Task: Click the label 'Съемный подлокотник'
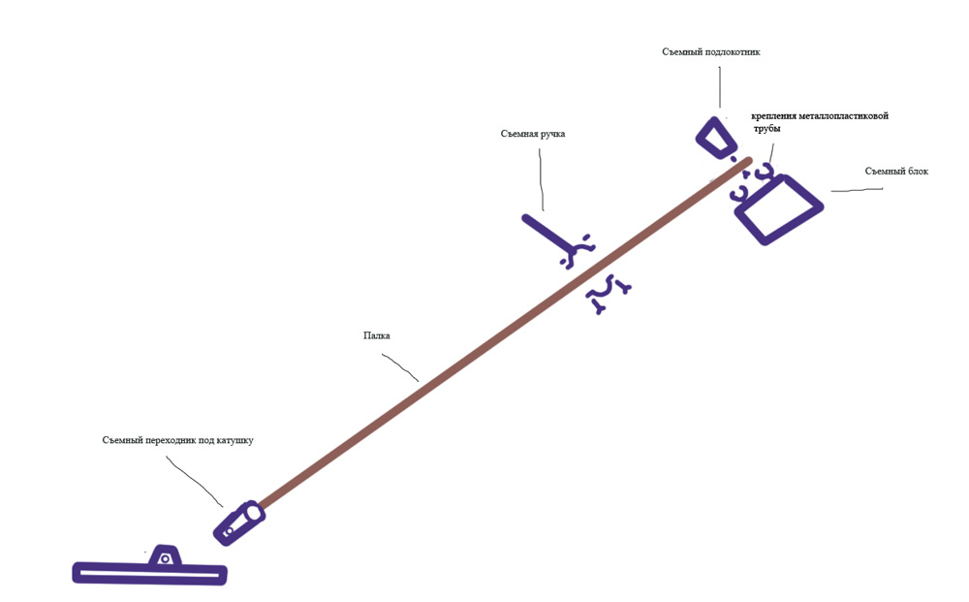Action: (710, 52)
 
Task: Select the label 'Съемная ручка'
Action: (532, 134)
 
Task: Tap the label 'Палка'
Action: (377, 336)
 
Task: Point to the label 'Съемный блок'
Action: (896, 172)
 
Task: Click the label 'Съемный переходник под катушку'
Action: (177, 440)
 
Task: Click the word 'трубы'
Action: (767, 128)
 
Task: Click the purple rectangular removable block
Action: (779, 208)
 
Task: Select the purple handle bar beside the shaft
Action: (547, 233)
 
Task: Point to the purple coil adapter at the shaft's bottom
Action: (239, 523)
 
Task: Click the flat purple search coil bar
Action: (150, 574)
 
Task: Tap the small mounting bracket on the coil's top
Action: (166, 555)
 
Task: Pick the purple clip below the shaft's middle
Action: (609, 294)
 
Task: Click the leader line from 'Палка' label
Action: (399, 365)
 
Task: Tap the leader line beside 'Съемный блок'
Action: (857, 190)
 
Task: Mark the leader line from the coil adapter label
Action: (196, 481)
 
